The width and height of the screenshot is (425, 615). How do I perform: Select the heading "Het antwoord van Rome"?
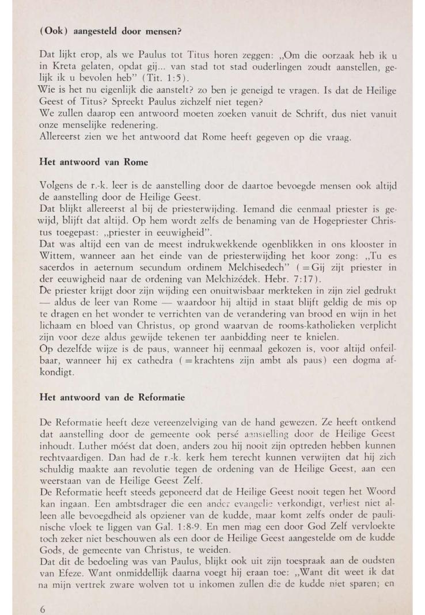point(93,162)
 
